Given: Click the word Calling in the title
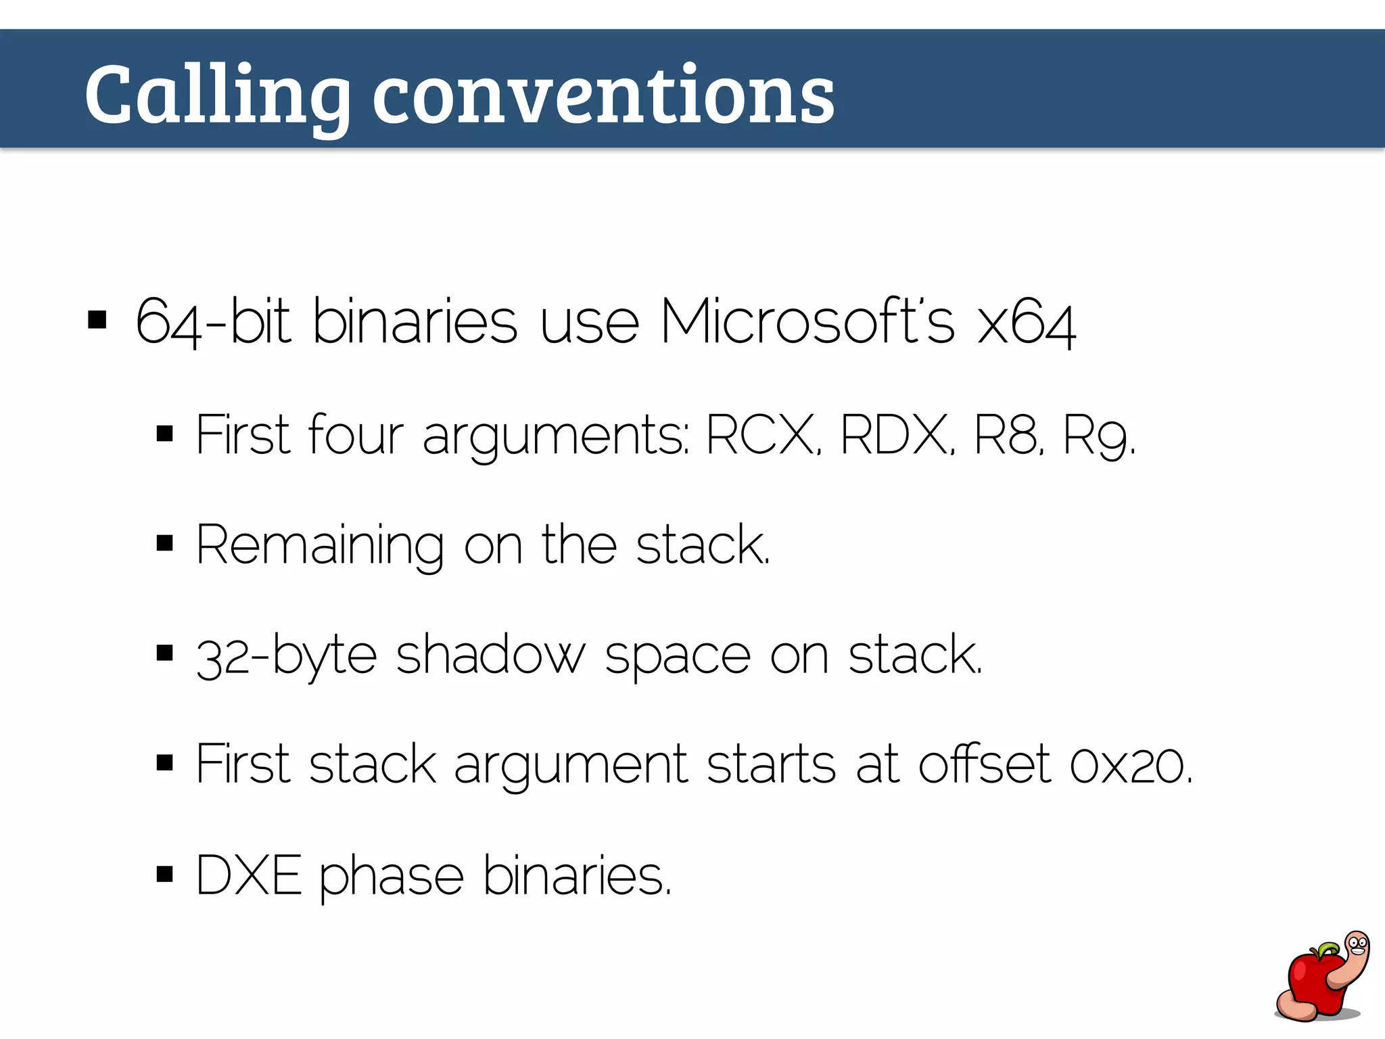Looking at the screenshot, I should tap(216, 95).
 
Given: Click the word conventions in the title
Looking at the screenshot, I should tap(603, 95).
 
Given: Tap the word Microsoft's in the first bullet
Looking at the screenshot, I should tap(807, 322).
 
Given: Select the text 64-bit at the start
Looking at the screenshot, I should tap(212, 322).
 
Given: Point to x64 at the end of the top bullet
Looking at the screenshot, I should tap(1026, 323).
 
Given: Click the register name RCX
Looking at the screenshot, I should tap(761, 435).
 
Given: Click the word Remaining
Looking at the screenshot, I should tap(320, 545).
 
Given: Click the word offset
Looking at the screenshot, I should tap(984, 764).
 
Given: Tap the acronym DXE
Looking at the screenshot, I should tap(248, 875).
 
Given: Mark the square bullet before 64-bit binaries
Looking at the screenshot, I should tap(97, 320).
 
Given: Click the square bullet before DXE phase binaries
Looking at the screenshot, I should tap(164, 874).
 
